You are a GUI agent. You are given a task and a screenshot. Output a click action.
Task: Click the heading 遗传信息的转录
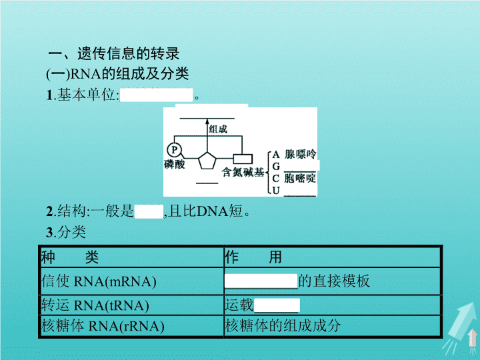click(128, 54)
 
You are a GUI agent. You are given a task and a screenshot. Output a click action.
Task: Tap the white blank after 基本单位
click(157, 95)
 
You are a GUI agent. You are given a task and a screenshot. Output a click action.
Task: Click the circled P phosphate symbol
click(175, 150)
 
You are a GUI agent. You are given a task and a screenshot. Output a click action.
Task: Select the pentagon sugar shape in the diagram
click(207, 161)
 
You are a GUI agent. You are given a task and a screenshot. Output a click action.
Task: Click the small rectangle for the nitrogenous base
click(243, 159)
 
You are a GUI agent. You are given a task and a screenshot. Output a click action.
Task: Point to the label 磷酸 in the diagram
click(175, 165)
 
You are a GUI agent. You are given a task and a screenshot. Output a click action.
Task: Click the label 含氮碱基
click(243, 172)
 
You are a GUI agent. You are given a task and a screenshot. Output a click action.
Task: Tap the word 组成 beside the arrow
click(218, 129)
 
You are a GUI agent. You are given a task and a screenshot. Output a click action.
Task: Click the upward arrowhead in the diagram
click(207, 121)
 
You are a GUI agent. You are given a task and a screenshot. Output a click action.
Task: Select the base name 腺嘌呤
click(300, 154)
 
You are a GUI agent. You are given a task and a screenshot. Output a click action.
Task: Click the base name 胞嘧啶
click(300, 178)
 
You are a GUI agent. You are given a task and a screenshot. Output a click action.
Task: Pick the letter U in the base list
click(276, 191)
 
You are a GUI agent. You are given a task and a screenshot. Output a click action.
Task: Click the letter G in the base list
click(276, 166)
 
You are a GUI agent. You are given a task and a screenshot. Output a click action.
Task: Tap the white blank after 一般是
click(149, 211)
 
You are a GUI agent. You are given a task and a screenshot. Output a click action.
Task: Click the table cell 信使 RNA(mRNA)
click(99, 281)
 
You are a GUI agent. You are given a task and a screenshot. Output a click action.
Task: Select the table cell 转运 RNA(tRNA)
click(95, 305)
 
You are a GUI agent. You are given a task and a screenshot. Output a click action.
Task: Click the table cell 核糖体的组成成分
click(283, 326)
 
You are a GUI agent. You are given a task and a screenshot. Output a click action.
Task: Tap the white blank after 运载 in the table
click(277, 305)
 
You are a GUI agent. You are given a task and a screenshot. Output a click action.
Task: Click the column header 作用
click(253, 257)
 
